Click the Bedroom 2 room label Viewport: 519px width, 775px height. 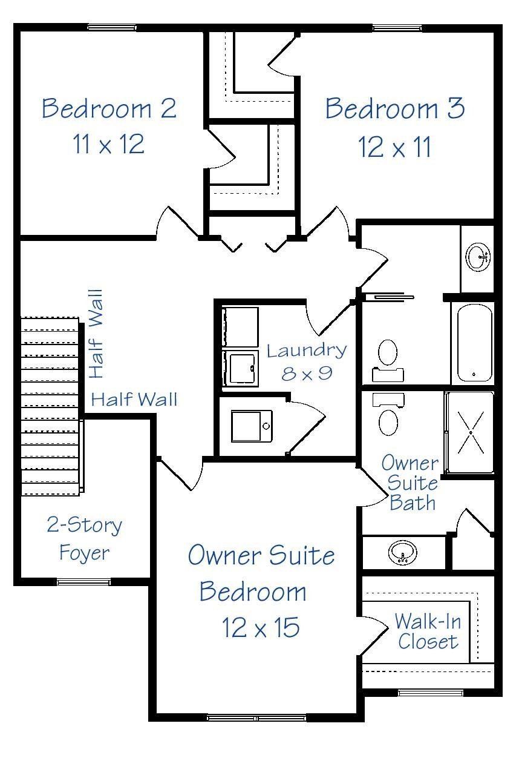click(x=109, y=109)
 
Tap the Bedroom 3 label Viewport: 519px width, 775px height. click(x=395, y=109)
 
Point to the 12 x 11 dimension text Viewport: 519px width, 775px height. click(x=395, y=147)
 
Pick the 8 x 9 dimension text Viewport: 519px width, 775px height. click(x=307, y=373)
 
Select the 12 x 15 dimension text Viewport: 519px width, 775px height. click(x=260, y=628)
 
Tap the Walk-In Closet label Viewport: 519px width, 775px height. click(x=427, y=631)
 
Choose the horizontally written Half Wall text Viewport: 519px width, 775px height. click(x=134, y=400)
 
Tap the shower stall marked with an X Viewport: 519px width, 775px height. click(x=471, y=432)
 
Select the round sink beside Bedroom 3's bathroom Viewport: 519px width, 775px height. click(x=479, y=256)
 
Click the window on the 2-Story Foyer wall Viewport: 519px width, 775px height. click(x=83, y=582)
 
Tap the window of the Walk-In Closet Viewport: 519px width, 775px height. click(x=430, y=693)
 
